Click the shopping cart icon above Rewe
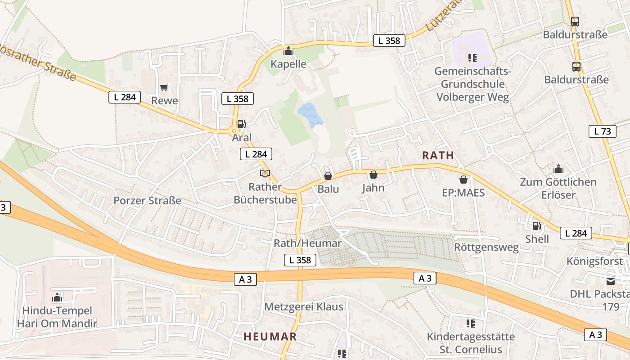click(164, 87)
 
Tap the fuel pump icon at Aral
click(241, 124)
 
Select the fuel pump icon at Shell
click(536, 226)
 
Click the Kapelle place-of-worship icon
click(288, 51)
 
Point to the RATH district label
click(438, 155)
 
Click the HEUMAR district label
click(270, 336)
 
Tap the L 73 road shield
click(602, 131)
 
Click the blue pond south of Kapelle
click(310, 115)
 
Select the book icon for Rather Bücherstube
click(265, 174)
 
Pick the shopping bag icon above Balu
click(328, 176)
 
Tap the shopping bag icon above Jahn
click(373, 175)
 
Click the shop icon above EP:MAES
click(463, 180)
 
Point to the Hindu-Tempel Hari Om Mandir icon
click(57, 297)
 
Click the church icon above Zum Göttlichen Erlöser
click(558, 169)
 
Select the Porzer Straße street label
click(147, 200)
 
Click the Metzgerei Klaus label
click(304, 307)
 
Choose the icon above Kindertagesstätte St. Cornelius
click(471, 324)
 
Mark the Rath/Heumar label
click(308, 243)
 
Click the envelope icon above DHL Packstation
click(611, 281)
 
